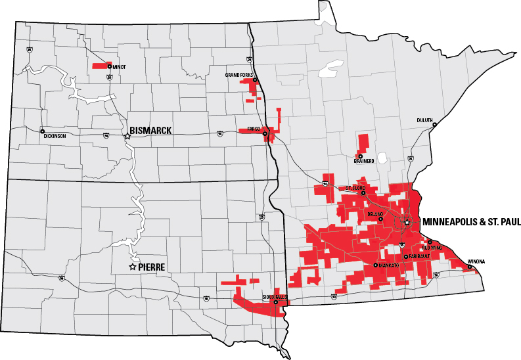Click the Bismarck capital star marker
click(x=127, y=136)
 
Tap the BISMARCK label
click(x=150, y=131)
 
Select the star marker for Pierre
click(x=133, y=267)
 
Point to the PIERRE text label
click(x=151, y=267)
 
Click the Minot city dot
click(x=110, y=66)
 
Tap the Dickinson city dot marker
click(x=42, y=130)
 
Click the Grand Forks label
click(x=238, y=75)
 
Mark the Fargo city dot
click(x=265, y=134)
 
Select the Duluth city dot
click(x=434, y=125)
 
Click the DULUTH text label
click(x=424, y=120)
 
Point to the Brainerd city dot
click(x=360, y=156)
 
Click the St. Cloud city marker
click(x=363, y=193)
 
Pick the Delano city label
click(x=375, y=214)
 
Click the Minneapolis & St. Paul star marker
click(x=407, y=223)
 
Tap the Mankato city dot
click(x=375, y=265)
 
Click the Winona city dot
click(x=470, y=266)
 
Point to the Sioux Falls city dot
click(x=276, y=302)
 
